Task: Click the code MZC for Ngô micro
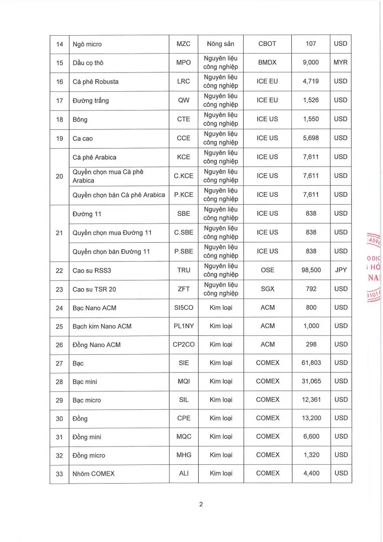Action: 184,44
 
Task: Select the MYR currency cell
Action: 340,63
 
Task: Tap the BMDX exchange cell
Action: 267,63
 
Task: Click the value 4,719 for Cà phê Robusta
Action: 311,82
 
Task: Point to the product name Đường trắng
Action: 91,100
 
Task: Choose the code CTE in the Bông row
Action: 184,119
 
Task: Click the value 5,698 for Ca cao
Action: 311,138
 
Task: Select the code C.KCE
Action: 184,176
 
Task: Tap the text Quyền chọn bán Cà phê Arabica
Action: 119,195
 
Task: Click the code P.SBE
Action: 184,251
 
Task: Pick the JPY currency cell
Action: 340,270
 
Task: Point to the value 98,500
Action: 311,270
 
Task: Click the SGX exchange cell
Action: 267,289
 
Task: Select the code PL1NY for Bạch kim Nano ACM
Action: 184,326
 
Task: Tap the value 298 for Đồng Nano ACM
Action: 311,345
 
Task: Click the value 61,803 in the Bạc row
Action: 311,363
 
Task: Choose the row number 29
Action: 59,400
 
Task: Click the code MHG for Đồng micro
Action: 184,455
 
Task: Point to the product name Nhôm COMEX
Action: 94,473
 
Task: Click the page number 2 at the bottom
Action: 201,505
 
